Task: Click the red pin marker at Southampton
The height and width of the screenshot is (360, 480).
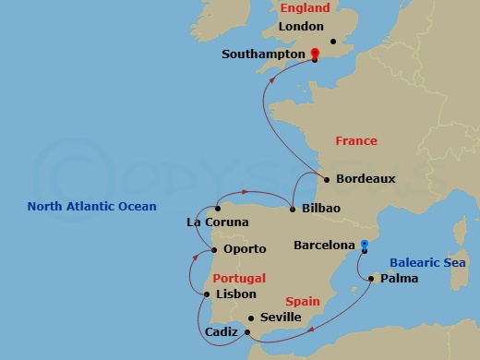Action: click(x=315, y=54)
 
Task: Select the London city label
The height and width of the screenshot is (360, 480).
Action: click(x=300, y=27)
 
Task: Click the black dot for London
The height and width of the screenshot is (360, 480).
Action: click(x=333, y=41)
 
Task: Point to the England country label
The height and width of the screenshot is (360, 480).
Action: click(x=305, y=8)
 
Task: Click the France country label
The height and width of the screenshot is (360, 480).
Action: click(x=355, y=141)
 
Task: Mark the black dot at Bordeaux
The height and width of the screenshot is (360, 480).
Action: click(x=327, y=179)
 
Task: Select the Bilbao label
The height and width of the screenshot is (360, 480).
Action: click(x=321, y=209)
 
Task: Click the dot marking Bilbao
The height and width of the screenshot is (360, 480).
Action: click(x=293, y=210)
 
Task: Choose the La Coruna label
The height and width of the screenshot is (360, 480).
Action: click(x=217, y=222)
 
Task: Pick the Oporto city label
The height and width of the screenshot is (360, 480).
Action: click(x=244, y=249)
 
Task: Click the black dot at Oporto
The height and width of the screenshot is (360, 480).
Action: click(x=215, y=249)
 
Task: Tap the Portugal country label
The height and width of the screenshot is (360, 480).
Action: click(x=239, y=278)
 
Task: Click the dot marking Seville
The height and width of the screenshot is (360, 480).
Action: click(x=251, y=318)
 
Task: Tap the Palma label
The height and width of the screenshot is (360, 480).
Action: click(x=398, y=279)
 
